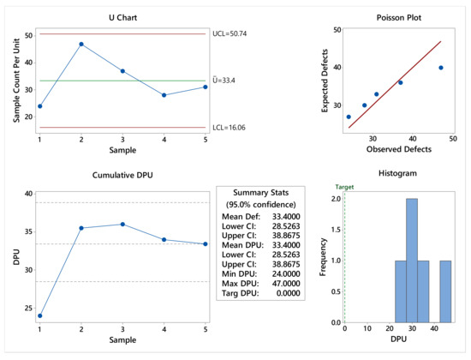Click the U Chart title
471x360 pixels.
point(122,17)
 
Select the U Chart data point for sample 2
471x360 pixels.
point(81,45)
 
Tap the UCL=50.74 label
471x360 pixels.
point(234,34)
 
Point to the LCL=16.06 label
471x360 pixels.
point(232,127)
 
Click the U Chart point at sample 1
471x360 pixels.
point(39,106)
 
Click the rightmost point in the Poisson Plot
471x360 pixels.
point(441,68)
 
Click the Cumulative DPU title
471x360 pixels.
point(122,174)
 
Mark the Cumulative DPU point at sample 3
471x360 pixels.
point(122,225)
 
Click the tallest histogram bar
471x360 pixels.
point(412,261)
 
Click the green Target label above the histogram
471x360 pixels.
point(344,186)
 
